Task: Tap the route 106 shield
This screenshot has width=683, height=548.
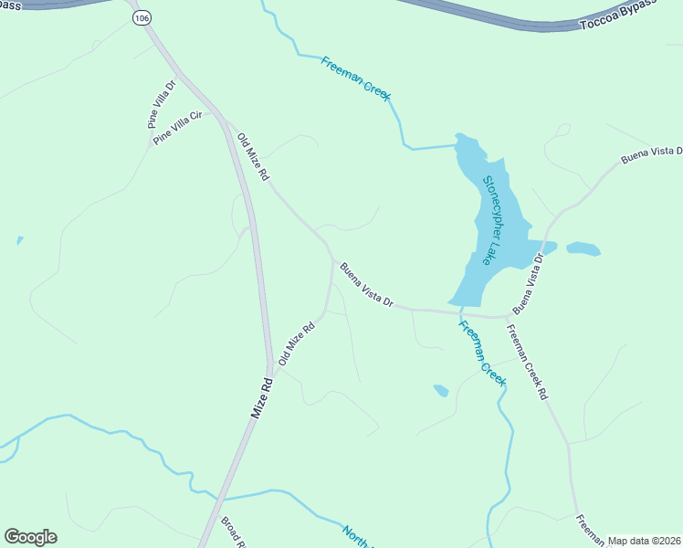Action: (x=140, y=17)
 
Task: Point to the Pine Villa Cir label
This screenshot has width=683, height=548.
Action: (x=182, y=128)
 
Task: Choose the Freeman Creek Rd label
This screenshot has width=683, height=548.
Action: (x=529, y=362)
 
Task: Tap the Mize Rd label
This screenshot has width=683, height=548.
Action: (x=261, y=398)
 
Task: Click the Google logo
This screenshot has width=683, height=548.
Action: (x=30, y=537)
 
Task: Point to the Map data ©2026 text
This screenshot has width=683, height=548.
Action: (x=643, y=541)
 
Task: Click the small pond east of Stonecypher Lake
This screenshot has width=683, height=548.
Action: (x=583, y=248)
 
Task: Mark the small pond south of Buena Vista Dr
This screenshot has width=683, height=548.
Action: (x=440, y=390)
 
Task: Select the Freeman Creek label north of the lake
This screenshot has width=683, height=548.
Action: (x=355, y=77)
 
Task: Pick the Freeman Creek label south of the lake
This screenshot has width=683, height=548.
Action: (x=481, y=352)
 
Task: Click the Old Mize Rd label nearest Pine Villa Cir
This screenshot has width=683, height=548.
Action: (x=252, y=156)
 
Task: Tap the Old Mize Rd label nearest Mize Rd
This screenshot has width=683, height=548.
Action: (x=298, y=342)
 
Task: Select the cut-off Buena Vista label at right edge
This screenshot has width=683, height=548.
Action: (x=652, y=156)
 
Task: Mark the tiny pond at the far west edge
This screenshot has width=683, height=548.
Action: (x=19, y=241)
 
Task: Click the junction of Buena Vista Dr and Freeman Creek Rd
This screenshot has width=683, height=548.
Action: (x=508, y=317)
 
